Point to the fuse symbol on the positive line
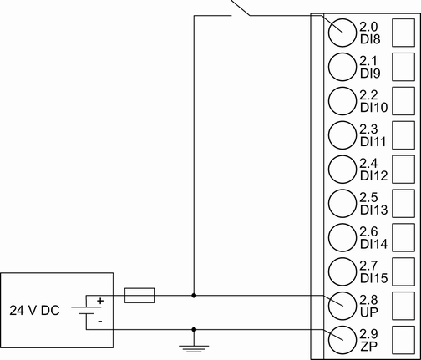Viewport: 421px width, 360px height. [138, 295]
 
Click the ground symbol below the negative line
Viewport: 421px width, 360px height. [194, 341]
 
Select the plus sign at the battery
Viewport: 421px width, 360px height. [101, 299]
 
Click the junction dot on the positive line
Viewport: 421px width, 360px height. [194, 295]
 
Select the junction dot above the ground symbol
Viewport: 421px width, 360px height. [194, 329]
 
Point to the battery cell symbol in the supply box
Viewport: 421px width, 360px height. [87, 310]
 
